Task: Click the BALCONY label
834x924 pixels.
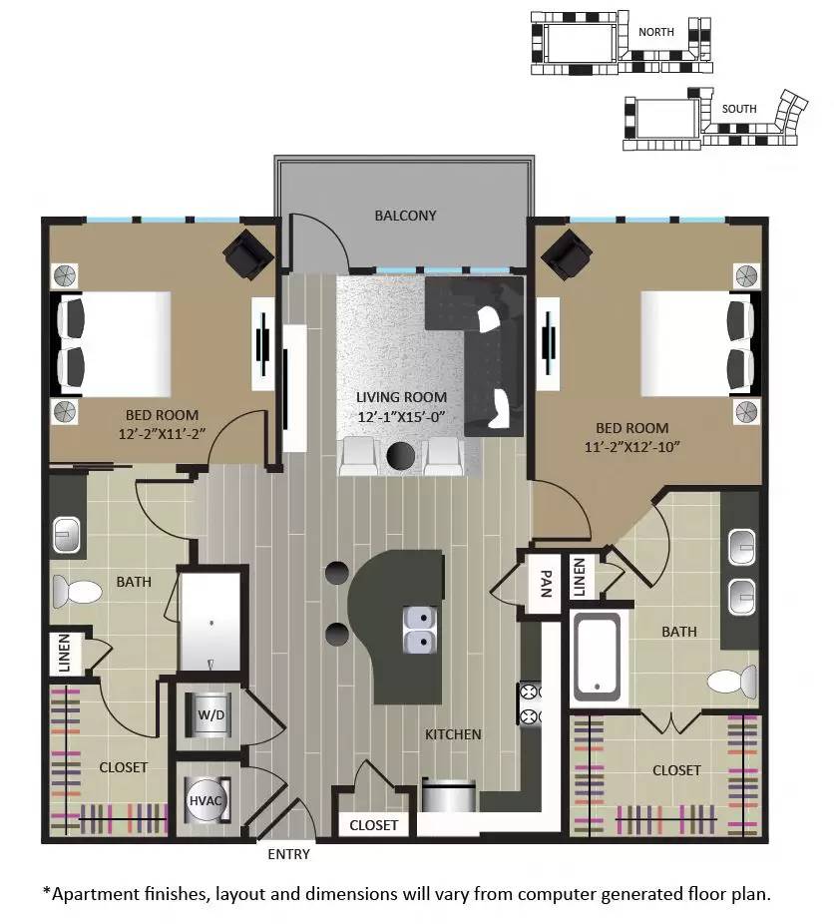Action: pyautogui.click(x=405, y=216)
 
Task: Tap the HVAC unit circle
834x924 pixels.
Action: pyautogui.click(x=205, y=800)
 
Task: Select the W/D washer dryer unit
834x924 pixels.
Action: pyautogui.click(x=210, y=714)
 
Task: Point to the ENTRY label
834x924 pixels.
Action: pyautogui.click(x=288, y=854)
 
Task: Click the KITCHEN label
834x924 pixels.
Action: pyautogui.click(x=453, y=734)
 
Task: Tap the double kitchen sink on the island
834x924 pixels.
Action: pyautogui.click(x=419, y=629)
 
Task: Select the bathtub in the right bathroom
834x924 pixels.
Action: pyautogui.click(x=597, y=657)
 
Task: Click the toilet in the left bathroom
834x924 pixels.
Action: pyautogui.click(x=76, y=592)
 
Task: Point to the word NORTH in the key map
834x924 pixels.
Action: pyautogui.click(x=656, y=32)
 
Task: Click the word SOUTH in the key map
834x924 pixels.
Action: pyautogui.click(x=739, y=109)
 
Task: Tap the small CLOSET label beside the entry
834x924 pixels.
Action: pyautogui.click(x=373, y=825)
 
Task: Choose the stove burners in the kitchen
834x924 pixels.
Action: pyautogui.click(x=529, y=702)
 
